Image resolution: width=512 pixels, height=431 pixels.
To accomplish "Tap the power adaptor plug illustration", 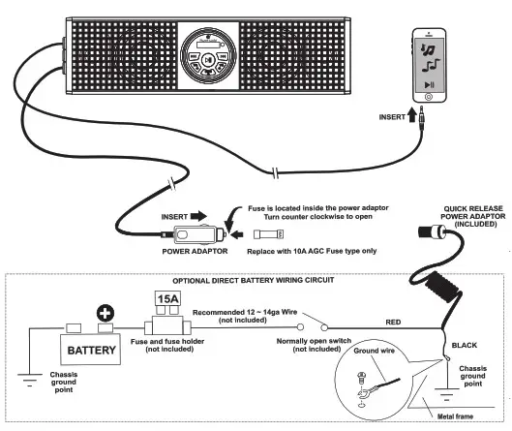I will [x=197, y=233].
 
